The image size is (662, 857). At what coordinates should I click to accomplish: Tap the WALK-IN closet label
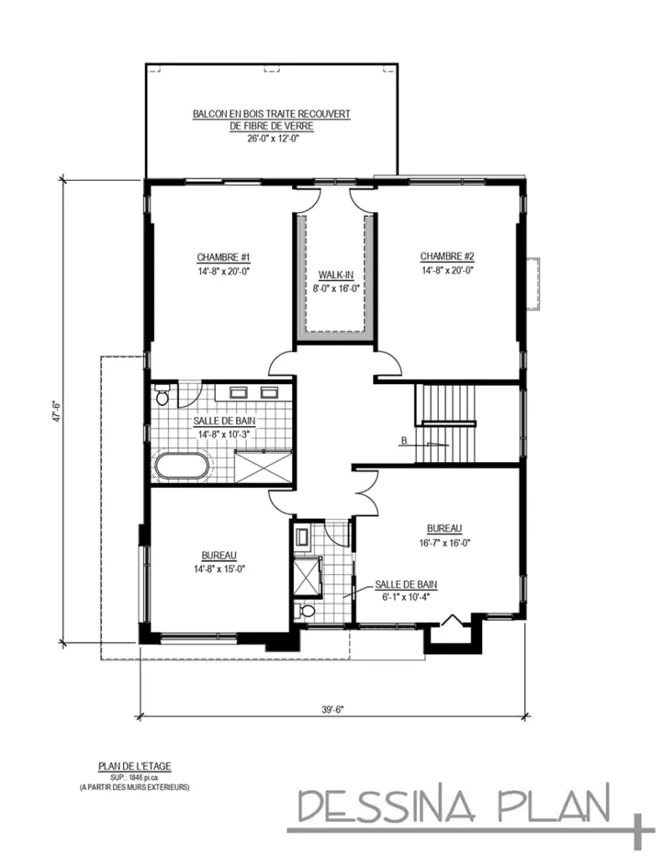(335, 275)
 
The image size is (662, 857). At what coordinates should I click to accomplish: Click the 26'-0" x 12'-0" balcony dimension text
(269, 139)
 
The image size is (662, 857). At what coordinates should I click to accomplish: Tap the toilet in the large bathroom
(162, 393)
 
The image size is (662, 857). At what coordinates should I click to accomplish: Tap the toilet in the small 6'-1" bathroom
(305, 611)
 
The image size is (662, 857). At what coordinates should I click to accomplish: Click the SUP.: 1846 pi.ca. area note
(134, 777)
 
